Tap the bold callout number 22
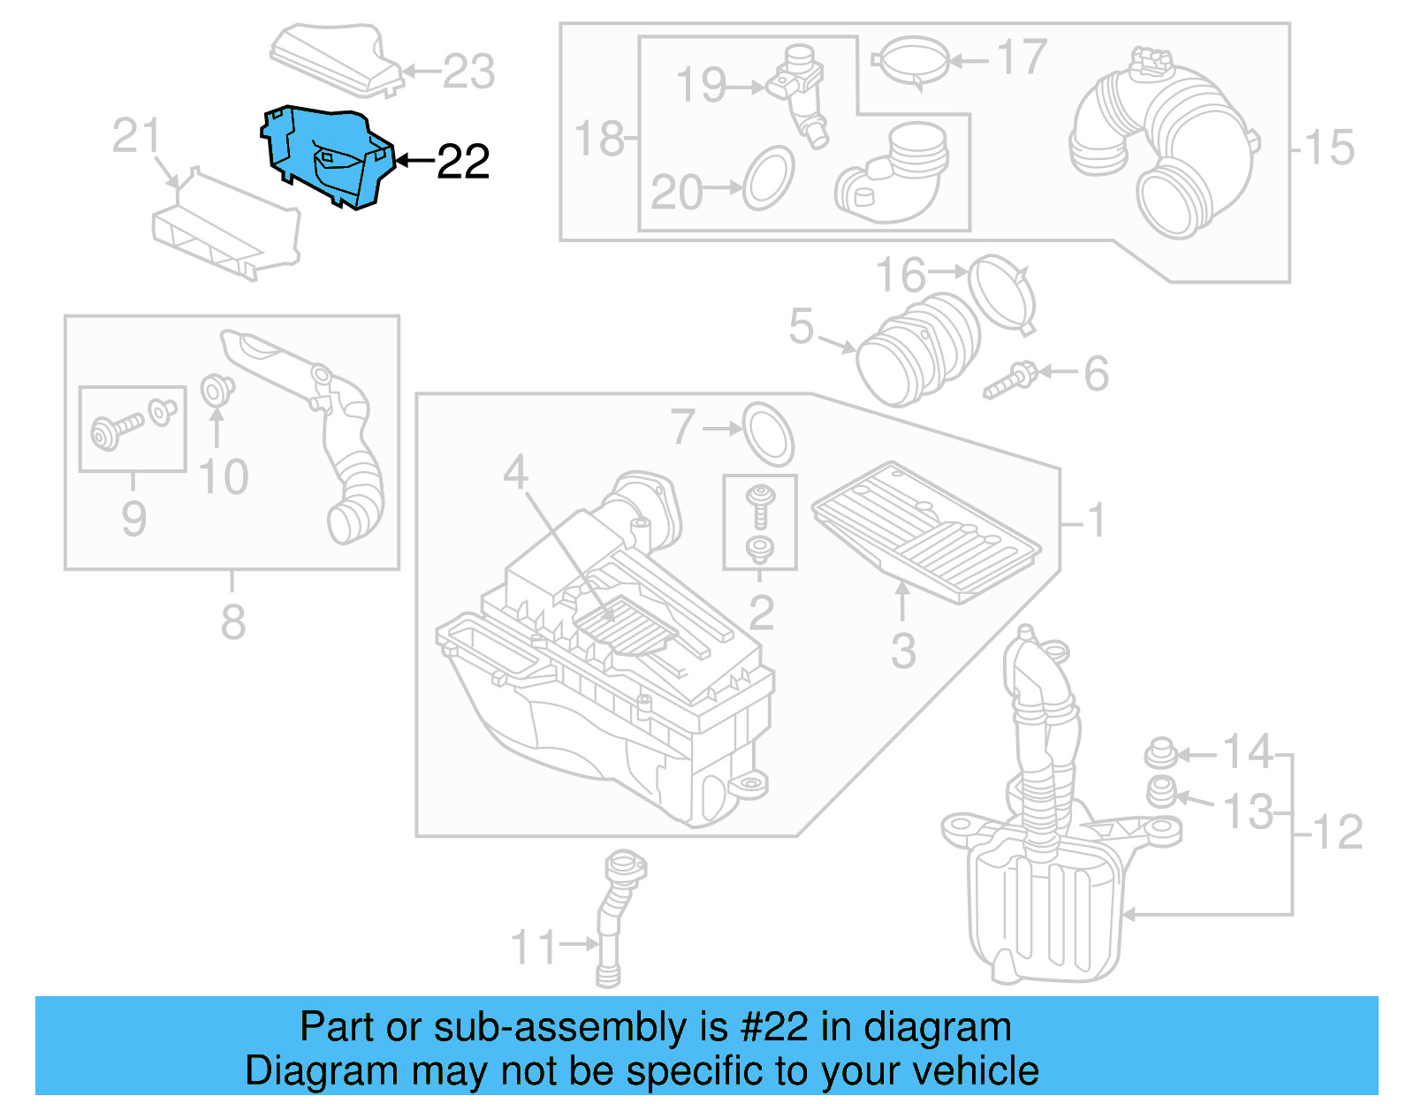[463, 162]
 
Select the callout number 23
[468, 72]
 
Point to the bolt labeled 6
[1009, 381]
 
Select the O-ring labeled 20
[768, 179]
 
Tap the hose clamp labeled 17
[910, 62]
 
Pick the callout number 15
[1329, 148]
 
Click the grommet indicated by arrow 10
[217, 390]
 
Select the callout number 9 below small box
[133, 518]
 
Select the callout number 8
[232, 621]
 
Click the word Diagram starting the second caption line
[296, 1071]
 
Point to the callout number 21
[136, 136]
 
